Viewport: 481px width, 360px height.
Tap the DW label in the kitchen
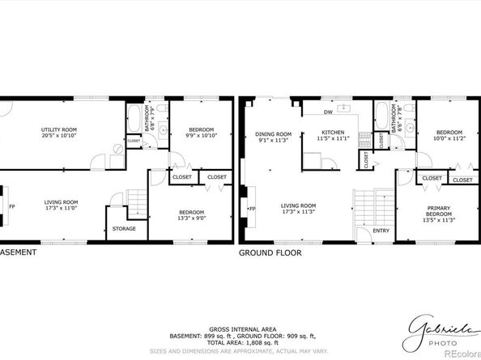coord(329,112)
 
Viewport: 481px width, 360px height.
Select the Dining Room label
coord(273,137)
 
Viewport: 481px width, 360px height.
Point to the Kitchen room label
coord(333,135)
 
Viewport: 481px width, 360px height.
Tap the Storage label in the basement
coord(124,228)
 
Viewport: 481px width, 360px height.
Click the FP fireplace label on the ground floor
coord(253,209)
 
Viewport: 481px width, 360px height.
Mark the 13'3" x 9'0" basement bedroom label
coord(191,215)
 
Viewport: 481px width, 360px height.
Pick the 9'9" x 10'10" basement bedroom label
coord(201,133)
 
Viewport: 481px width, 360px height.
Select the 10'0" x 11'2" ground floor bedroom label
coord(449,135)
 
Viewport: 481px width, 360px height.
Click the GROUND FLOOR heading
coord(270,252)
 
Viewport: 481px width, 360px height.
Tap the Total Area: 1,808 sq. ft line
coord(240,342)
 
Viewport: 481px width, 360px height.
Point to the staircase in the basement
coord(138,198)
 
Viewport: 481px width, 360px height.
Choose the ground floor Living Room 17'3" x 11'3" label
coord(298,209)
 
